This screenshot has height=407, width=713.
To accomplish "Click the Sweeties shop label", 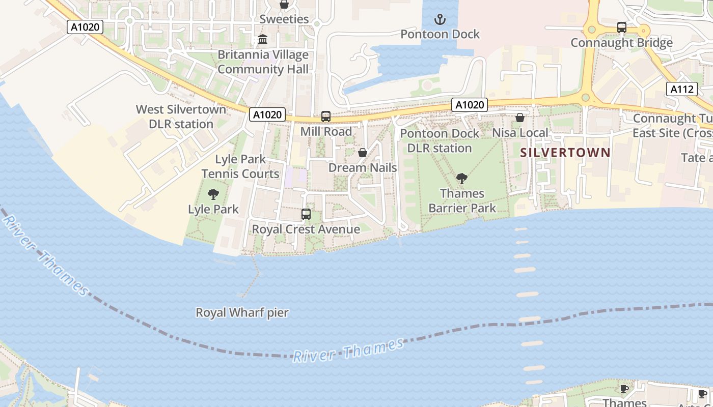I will pyautogui.click(x=284, y=19).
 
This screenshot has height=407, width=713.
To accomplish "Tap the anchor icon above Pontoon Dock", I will pyautogui.click(x=440, y=20).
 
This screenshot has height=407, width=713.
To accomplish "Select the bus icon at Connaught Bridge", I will pyautogui.click(x=621, y=27).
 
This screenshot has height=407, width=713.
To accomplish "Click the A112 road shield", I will pyautogui.click(x=681, y=90).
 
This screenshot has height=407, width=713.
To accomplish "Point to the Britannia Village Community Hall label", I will pyautogui.click(x=263, y=62).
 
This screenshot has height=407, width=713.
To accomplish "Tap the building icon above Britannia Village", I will pyautogui.click(x=263, y=39).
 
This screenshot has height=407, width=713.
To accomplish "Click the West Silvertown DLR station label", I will pyautogui.click(x=181, y=117).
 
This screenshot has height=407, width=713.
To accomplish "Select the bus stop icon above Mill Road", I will pyautogui.click(x=326, y=117).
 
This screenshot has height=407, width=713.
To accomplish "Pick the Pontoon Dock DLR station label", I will pyautogui.click(x=440, y=141).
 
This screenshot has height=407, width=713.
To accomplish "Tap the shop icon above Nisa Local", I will pyautogui.click(x=520, y=118).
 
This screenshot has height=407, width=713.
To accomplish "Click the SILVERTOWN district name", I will pyautogui.click(x=565, y=152).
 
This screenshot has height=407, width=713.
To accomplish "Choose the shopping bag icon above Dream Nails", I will pyautogui.click(x=363, y=153).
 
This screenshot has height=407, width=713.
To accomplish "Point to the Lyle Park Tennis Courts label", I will pyautogui.click(x=240, y=166).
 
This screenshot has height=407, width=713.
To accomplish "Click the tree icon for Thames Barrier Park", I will pyautogui.click(x=462, y=179).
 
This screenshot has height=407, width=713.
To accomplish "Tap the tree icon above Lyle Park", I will pyautogui.click(x=213, y=194).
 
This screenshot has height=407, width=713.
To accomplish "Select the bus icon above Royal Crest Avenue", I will pyautogui.click(x=306, y=214).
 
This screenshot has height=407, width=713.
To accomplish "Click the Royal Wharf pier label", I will pyautogui.click(x=242, y=312).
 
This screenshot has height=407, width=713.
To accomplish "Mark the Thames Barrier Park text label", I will pyautogui.click(x=462, y=201).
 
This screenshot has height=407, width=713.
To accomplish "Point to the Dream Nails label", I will pyautogui.click(x=363, y=167).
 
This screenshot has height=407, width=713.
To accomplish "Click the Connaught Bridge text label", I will pyautogui.click(x=621, y=43).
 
